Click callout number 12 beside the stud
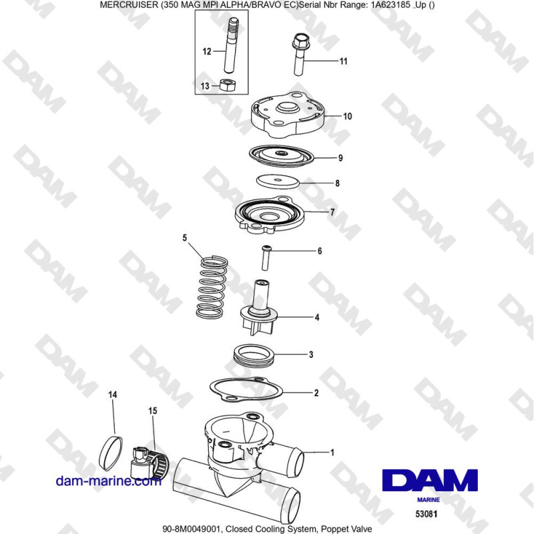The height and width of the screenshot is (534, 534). pos(207,51)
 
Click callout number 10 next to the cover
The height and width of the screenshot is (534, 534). pos(347,115)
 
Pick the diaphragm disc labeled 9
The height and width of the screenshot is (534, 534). pos(281,154)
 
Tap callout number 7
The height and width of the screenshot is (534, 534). pos(332,213)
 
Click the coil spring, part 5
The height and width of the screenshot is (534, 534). pos(213,287)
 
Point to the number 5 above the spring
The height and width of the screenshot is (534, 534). pos(186,237)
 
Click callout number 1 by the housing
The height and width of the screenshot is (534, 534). pos(332,452)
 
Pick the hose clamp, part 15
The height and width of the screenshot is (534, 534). pos(151,456)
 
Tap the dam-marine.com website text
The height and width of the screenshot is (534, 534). pos(109,481)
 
